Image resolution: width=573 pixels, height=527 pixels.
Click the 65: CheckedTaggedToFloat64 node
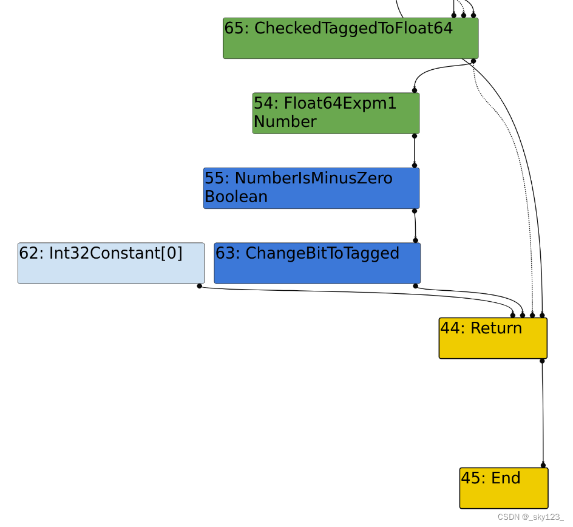[350, 38]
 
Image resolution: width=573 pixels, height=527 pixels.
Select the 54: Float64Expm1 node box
[336, 113]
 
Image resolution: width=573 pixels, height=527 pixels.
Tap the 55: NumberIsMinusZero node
[311, 188]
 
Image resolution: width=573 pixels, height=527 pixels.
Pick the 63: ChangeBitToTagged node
[317, 263]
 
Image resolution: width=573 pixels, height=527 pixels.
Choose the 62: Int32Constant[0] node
[110, 263]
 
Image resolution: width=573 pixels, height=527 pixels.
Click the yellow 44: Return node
[493, 338]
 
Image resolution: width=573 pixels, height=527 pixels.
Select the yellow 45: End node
[503, 488]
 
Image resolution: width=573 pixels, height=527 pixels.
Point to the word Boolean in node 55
[236, 197]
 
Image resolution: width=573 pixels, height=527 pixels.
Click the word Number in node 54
[285, 121]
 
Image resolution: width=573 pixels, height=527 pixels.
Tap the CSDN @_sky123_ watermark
[531, 517]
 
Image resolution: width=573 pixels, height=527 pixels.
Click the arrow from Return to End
[542, 413]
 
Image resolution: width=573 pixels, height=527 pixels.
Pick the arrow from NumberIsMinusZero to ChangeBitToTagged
[415, 225]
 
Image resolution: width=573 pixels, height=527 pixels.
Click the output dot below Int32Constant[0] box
[200, 285]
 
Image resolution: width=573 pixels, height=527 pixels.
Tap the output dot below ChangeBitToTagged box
[416, 285]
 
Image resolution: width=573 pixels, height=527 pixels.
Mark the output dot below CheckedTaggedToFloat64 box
[473, 61]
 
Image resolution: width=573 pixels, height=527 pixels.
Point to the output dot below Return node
[542, 361]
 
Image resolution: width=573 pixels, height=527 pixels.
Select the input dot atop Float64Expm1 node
[415, 90]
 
